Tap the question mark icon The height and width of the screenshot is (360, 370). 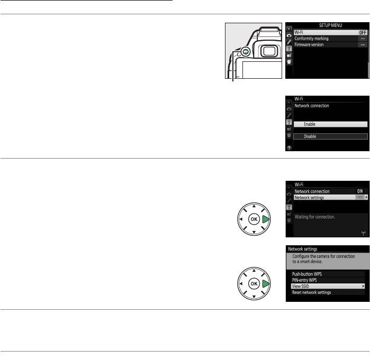[289, 150]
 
